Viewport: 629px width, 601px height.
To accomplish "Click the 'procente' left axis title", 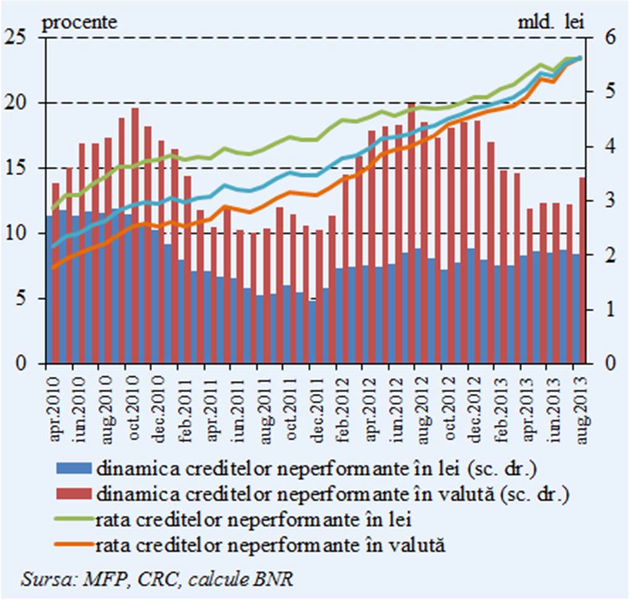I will (x=79, y=23).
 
